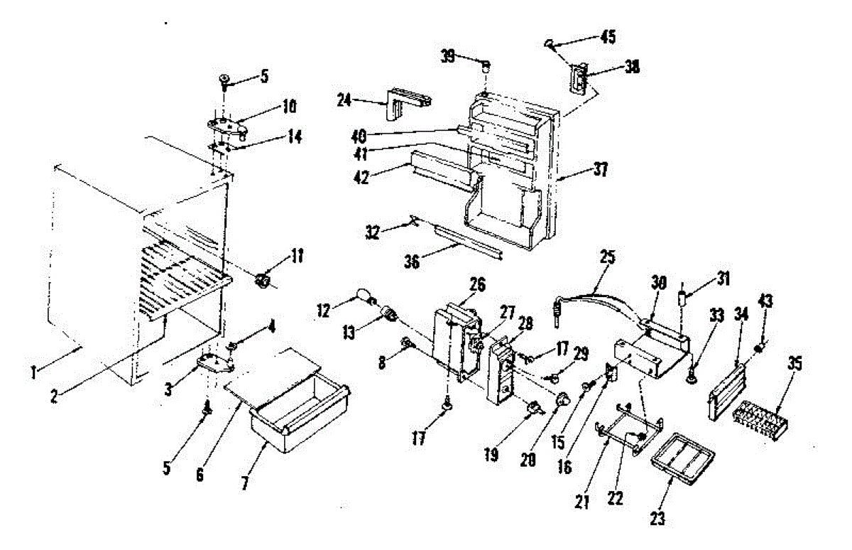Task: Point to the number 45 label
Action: pos(608,37)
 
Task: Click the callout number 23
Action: pos(657,519)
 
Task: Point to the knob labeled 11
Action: pos(264,280)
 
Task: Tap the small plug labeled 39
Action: pos(486,68)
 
